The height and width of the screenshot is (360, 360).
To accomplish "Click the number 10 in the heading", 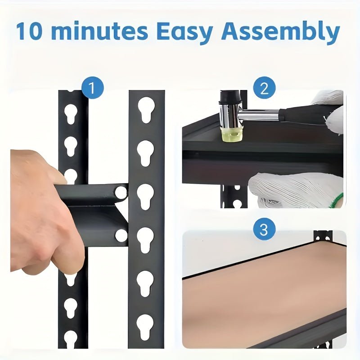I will coord(32,31).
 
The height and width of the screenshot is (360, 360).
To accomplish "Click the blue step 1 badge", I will coord(92,88).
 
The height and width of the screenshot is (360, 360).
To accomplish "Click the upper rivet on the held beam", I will coord(121,193).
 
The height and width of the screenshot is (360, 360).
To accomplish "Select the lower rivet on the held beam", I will coord(121,235).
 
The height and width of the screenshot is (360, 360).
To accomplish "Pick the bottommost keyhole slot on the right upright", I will coord(145,326).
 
